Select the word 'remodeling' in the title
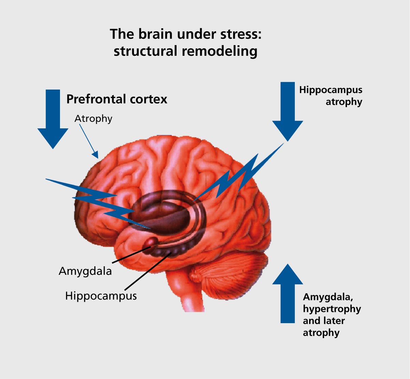click(x=219, y=51)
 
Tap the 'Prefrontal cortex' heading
click(x=117, y=99)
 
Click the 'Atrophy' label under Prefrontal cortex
click(x=93, y=119)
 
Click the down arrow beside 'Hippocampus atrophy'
click(x=288, y=112)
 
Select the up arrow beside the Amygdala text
click(x=288, y=293)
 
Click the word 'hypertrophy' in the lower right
click(x=332, y=309)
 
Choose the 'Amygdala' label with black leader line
click(x=85, y=271)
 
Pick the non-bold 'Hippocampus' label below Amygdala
click(x=101, y=296)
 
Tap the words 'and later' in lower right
click(x=324, y=321)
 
